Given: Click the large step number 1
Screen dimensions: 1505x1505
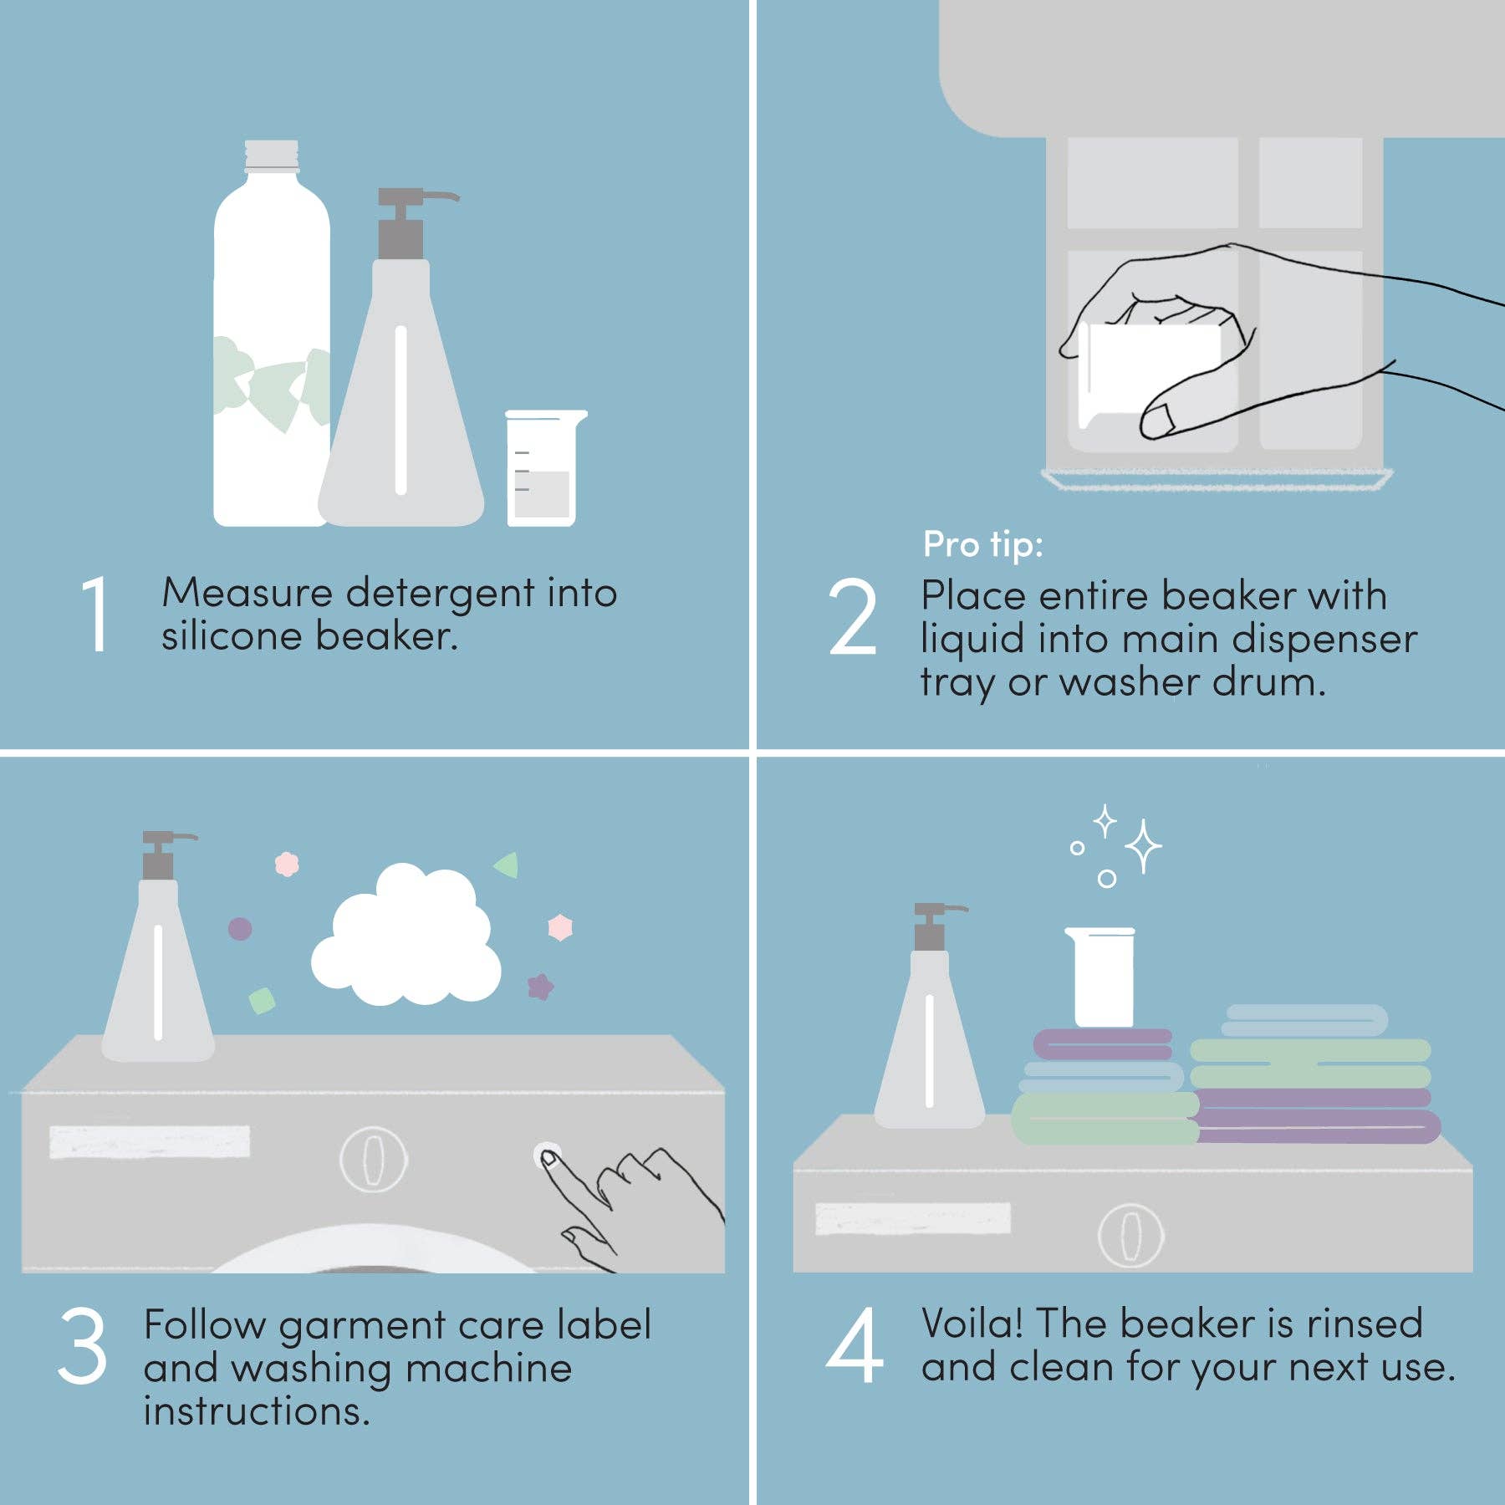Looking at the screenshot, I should [95, 615].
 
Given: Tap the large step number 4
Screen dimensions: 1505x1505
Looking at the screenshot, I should [854, 1346].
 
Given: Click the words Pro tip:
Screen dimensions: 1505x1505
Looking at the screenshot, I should [982, 544].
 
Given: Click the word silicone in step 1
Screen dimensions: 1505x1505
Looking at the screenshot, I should [231, 636].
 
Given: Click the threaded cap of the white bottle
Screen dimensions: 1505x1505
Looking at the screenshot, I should [271, 156].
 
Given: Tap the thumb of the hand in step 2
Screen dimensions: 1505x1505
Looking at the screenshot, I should [1171, 418].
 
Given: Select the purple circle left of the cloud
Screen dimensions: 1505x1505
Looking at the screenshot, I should [240, 928].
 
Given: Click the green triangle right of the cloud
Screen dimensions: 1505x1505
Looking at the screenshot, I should [508, 865].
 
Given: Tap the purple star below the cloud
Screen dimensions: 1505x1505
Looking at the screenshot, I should [540, 987].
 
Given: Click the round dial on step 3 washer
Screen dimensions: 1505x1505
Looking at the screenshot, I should [374, 1160].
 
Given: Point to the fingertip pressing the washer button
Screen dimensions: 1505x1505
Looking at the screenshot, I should [549, 1159].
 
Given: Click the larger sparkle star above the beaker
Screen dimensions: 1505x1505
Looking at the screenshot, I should [1142, 846].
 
